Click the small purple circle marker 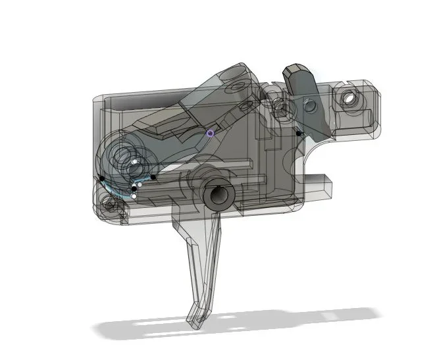[x=210, y=132]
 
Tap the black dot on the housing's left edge [x=102, y=178]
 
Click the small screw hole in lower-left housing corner [x=110, y=204]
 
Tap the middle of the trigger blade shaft [x=200, y=263]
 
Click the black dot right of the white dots [x=153, y=176]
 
